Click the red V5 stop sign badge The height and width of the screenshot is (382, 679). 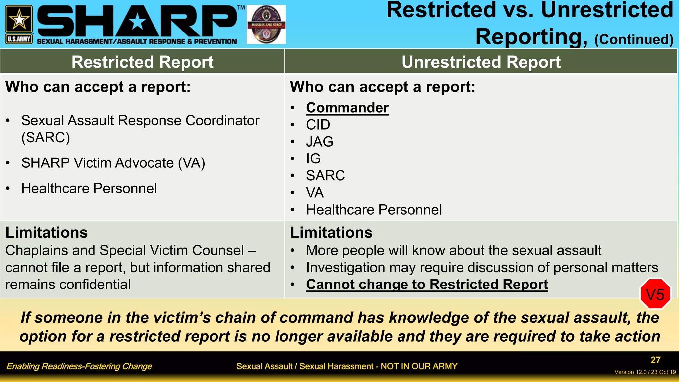pos(655,294)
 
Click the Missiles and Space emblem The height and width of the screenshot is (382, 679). pos(266,25)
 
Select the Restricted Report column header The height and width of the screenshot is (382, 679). pos(142,62)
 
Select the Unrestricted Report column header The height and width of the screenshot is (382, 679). pos(481,62)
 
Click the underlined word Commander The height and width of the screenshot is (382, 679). pos(347,108)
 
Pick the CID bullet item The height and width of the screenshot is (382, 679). pos(318,125)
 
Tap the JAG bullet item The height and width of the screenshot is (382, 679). pos(319,142)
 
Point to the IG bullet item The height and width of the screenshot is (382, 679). pos(313,159)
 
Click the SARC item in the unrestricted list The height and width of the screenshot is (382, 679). pos(325,175)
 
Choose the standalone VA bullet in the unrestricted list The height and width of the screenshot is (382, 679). pos(314,193)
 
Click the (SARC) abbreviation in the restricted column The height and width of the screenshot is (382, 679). pos(45,137)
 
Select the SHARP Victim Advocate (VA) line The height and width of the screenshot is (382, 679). pos(113,163)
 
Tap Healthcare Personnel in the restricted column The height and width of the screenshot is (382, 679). pos(89,188)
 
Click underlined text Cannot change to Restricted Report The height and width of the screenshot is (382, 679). pos(427,285)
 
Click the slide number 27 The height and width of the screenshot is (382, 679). pos(655,360)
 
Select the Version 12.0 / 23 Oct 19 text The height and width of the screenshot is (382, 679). pos(645,372)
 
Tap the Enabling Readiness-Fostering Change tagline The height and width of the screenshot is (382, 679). pos(79,366)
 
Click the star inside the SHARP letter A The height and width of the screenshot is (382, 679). pos(137,22)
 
